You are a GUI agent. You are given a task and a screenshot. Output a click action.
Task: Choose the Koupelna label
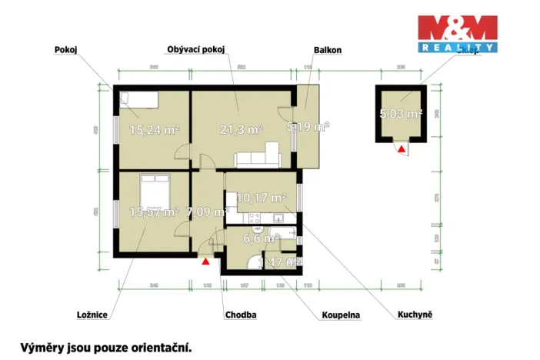point(341,315)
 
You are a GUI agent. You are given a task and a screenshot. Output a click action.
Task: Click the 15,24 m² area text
point(154,130)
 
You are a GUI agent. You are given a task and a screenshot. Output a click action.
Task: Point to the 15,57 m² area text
point(154,211)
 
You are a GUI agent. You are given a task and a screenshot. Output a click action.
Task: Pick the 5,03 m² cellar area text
point(401,115)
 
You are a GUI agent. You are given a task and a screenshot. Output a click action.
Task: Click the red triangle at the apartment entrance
point(205,261)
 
